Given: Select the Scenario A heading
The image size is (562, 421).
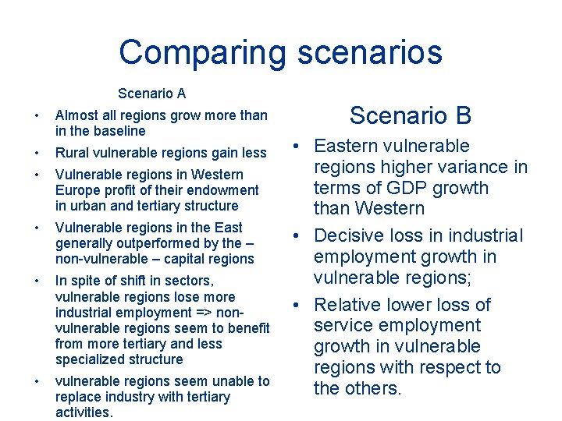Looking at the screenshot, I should [x=151, y=94].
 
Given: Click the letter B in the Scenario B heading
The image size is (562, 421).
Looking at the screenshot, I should [x=464, y=115].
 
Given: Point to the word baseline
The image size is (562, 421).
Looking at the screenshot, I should [x=118, y=131].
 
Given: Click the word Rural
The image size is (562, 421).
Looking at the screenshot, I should [x=72, y=153].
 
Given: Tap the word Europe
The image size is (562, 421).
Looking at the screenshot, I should [x=75, y=190].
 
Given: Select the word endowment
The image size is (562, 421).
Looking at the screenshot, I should [x=225, y=190].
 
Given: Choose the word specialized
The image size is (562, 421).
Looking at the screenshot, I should [x=88, y=359].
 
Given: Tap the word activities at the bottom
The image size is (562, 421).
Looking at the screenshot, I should [x=84, y=412].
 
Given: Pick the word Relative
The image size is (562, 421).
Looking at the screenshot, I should [x=348, y=304].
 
